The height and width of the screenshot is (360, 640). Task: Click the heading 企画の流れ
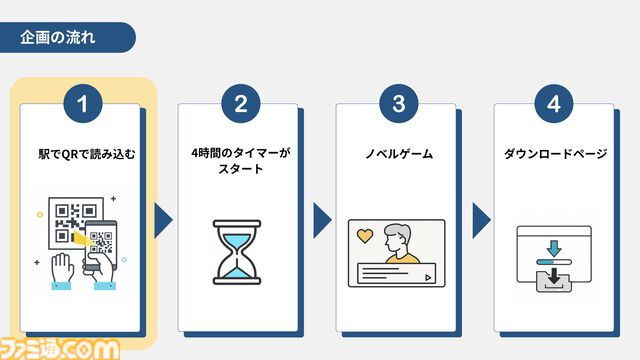(59, 39)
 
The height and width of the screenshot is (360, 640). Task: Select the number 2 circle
(240, 104)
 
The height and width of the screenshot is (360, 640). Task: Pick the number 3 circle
(398, 104)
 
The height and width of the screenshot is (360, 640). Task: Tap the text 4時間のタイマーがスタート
(239, 162)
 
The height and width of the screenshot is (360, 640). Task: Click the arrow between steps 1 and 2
(163, 220)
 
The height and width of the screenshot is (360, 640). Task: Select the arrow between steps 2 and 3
(321, 220)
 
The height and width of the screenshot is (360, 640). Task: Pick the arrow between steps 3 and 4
(480, 220)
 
